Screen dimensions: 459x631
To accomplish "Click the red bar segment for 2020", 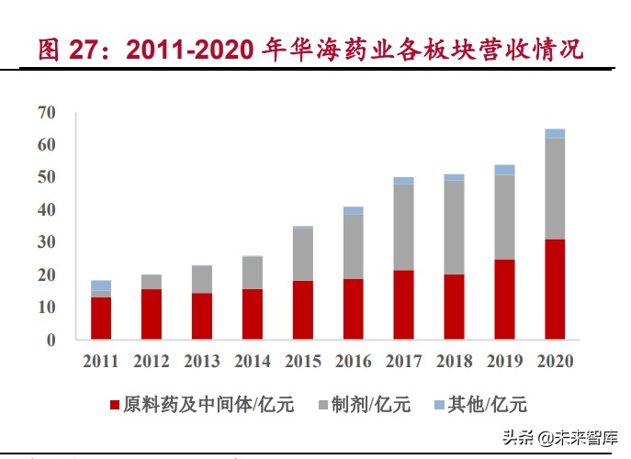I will point(555,289).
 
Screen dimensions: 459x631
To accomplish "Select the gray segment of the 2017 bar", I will point(403,227).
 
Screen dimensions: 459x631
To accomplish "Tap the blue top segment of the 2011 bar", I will point(101,285).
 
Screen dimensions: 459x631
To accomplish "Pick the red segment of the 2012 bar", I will point(152,314).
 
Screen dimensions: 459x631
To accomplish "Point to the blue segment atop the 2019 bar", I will point(504,170).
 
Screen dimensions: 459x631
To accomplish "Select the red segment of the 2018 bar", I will point(454,307).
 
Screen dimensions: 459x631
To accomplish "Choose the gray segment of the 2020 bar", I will point(555,188).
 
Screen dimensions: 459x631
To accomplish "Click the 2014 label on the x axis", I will point(253,361).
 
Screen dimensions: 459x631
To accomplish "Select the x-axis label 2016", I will point(354,361).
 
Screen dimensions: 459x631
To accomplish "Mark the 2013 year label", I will point(202,361).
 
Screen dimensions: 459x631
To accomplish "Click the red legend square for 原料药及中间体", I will point(115,405).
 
